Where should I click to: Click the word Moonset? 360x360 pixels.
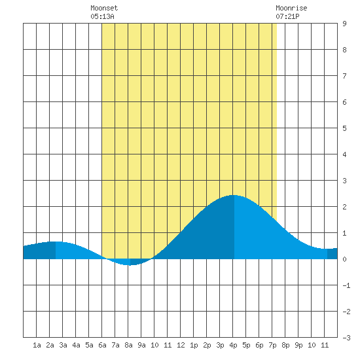tap(104, 8)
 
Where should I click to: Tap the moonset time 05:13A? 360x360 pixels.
tap(102, 16)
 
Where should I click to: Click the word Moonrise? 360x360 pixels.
tap(291, 8)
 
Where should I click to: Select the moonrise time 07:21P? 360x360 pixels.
tap(287, 16)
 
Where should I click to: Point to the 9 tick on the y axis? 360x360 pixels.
tap(344, 24)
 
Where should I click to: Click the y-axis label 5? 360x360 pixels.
tap(344, 128)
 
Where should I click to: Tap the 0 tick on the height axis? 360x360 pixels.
tap(344, 259)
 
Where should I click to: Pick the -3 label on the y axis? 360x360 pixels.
tap(346, 338)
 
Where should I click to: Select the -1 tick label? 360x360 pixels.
tap(346, 285)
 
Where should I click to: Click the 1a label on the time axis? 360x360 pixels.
tap(37, 345)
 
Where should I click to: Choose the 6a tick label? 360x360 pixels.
tap(102, 345)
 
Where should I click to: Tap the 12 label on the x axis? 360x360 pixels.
tap(181, 345)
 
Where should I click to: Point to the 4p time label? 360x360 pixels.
tap(233, 345)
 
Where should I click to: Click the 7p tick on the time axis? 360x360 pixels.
tap(272, 345)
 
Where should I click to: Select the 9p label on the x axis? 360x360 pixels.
tap(298, 345)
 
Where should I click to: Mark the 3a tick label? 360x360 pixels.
tap(63, 345)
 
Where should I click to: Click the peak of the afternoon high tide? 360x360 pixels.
tap(234, 195)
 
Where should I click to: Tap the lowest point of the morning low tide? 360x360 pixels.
tap(129, 265)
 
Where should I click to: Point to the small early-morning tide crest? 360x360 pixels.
tap(56, 242)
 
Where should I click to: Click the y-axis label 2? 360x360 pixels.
tap(344, 207)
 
